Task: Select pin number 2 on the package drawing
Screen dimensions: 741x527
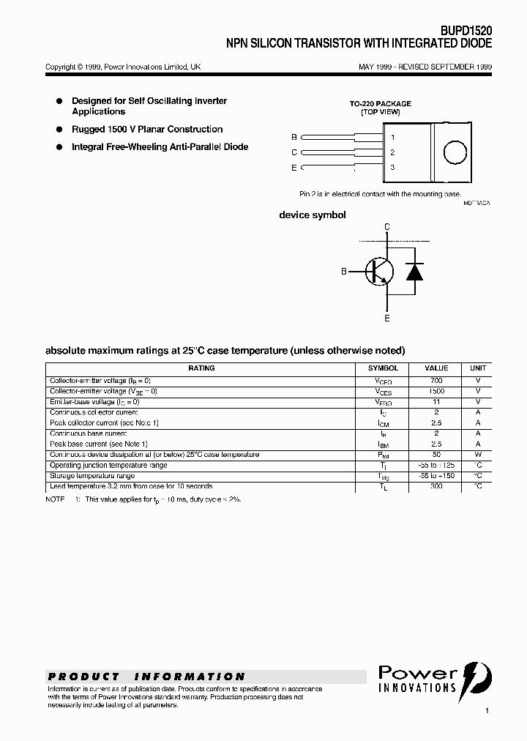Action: click(x=393, y=152)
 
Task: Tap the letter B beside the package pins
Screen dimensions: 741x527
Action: click(x=294, y=137)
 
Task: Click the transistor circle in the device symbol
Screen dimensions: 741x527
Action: click(x=380, y=272)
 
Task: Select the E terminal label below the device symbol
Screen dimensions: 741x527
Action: click(x=387, y=318)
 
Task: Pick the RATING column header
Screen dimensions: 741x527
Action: click(x=201, y=368)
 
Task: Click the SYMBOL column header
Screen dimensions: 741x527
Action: click(x=383, y=368)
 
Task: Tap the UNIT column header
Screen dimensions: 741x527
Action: click(x=478, y=368)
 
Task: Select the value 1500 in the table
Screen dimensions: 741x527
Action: click(x=437, y=391)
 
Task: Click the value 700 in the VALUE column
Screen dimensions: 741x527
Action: click(x=437, y=381)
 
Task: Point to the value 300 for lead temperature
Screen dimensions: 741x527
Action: click(x=437, y=486)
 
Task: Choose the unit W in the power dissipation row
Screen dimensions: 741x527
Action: click(x=478, y=455)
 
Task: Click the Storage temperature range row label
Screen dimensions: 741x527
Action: click(x=91, y=476)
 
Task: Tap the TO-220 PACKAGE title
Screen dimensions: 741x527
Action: click(x=380, y=104)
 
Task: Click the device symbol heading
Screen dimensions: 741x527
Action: click(x=313, y=215)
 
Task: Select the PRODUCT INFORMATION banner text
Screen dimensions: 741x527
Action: click(x=146, y=677)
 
